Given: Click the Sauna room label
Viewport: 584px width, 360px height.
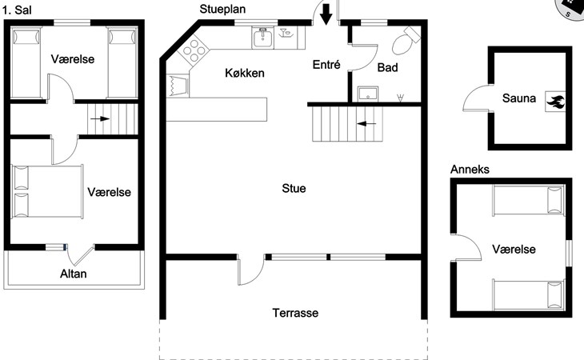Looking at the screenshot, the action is pos(519,98).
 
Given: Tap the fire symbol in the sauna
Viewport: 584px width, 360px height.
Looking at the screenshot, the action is pos(555,102).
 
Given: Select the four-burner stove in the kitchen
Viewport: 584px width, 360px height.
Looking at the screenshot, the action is pos(194,50).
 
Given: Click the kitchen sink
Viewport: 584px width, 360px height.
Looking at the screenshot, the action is pos(262,38).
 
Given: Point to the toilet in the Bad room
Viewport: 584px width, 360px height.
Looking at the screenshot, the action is pos(406,40).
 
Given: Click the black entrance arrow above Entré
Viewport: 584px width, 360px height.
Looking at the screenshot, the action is pos(326,14).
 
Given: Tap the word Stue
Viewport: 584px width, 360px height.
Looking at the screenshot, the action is pos(294,188).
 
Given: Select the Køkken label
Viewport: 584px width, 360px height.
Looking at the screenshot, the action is pos(245,73).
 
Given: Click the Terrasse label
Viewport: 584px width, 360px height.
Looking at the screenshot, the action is pos(295,313).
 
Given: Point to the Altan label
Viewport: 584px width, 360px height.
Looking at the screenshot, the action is pos(74,274).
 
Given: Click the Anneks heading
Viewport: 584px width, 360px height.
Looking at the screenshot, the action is pos(470,170).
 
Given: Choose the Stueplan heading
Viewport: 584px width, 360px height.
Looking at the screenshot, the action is pos(222,9).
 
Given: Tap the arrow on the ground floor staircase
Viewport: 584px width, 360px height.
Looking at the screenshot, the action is pos(366,123).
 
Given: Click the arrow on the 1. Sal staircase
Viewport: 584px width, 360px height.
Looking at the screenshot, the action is pos(100,119).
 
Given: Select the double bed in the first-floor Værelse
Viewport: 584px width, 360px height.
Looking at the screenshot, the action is pos(47,191).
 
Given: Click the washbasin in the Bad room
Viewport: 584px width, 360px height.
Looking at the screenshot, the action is pos(368,94).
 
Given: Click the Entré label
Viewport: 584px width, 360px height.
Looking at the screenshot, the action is pos(326,65).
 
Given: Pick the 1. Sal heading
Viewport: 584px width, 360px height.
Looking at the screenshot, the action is pos(17,10).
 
